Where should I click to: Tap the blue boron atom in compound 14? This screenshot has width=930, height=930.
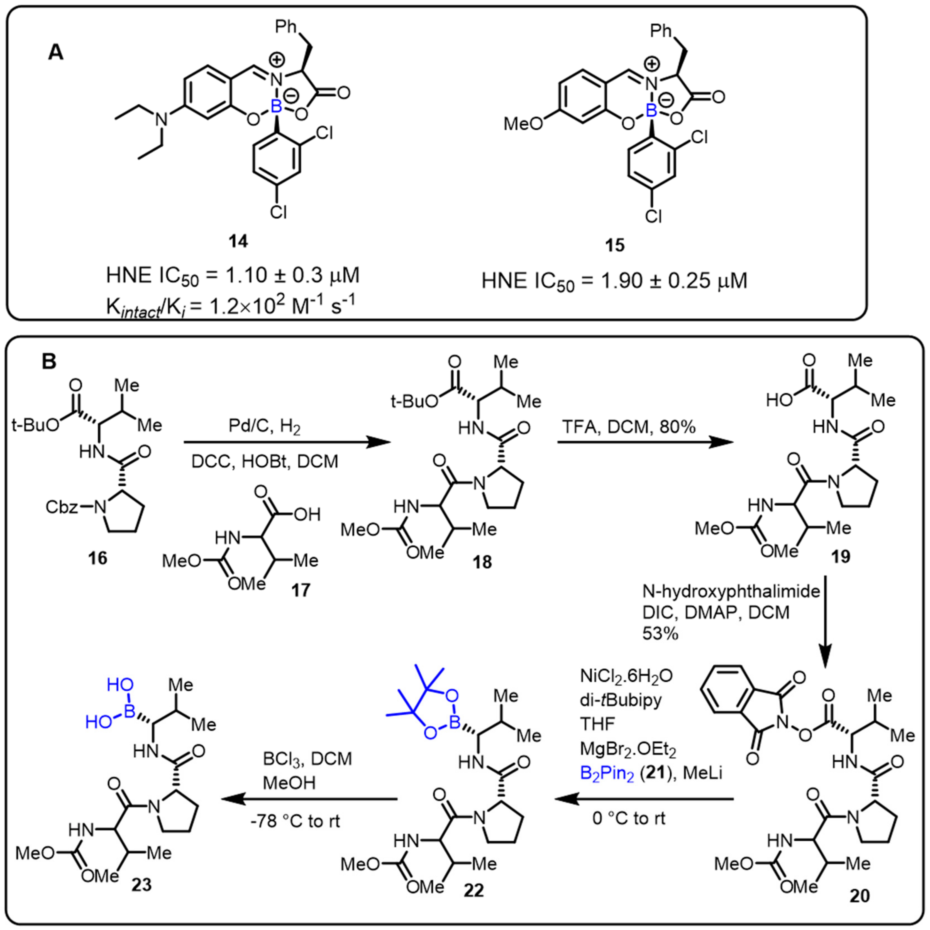click(275, 107)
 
